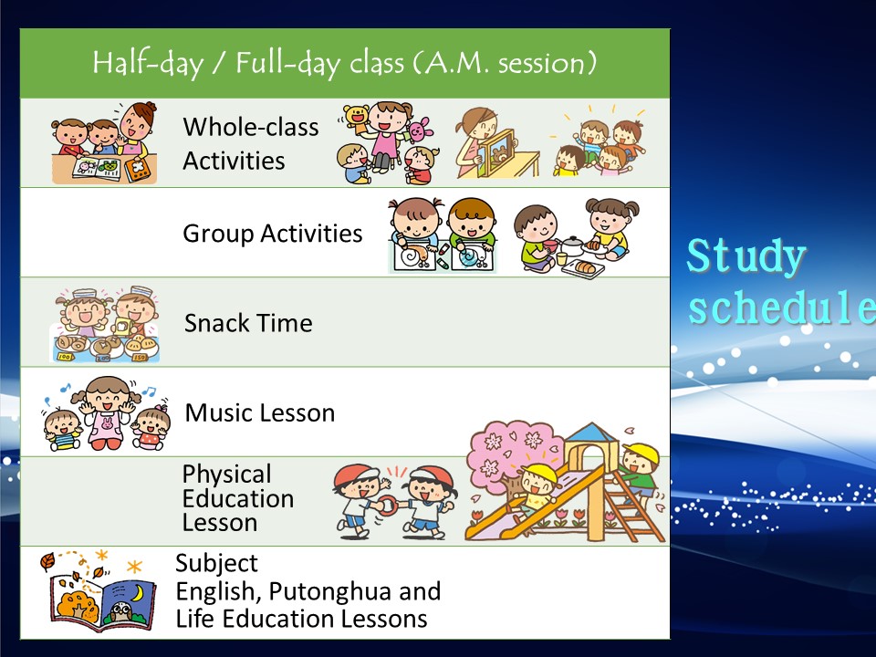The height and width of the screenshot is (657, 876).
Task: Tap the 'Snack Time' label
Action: [x=248, y=323]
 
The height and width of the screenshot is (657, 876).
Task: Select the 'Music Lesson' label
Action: [x=260, y=412]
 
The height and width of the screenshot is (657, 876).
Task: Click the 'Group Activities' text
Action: [x=273, y=234]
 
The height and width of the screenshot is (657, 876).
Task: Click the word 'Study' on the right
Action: [x=746, y=256]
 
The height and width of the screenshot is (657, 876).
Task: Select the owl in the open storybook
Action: [x=120, y=611]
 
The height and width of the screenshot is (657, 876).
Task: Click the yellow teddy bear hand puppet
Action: [x=356, y=118]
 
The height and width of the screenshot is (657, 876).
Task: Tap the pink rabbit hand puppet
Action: [x=419, y=130]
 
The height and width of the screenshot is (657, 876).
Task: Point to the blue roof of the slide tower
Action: [x=591, y=433]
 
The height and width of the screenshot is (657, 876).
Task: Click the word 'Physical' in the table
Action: [x=227, y=474]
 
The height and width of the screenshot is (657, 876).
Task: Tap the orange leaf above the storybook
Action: [x=47, y=561]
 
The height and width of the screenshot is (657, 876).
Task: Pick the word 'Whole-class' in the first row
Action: [x=251, y=127]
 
